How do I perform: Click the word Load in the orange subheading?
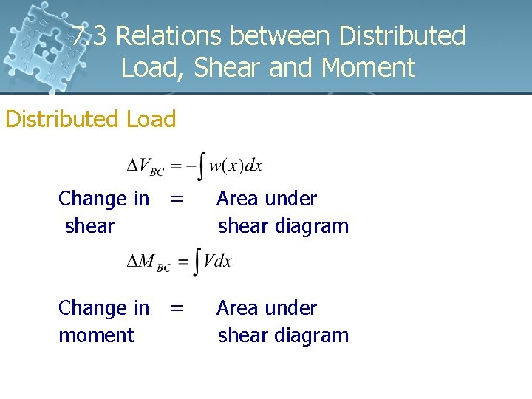[151, 119]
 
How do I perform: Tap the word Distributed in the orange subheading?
[63, 119]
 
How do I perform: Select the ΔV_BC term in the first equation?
[146, 166]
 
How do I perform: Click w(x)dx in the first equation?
[236, 166]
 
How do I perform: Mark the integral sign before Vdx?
[196, 262]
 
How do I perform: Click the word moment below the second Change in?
[96, 335]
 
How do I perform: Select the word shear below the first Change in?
[89, 225]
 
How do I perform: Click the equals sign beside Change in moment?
[177, 307]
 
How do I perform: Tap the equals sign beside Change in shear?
[177, 198]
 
